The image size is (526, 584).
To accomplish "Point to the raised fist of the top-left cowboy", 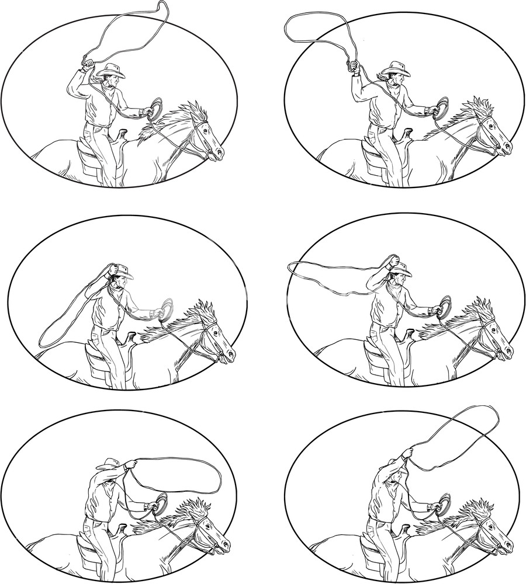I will click(88, 62).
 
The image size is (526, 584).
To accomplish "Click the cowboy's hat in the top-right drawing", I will click(397, 68).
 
